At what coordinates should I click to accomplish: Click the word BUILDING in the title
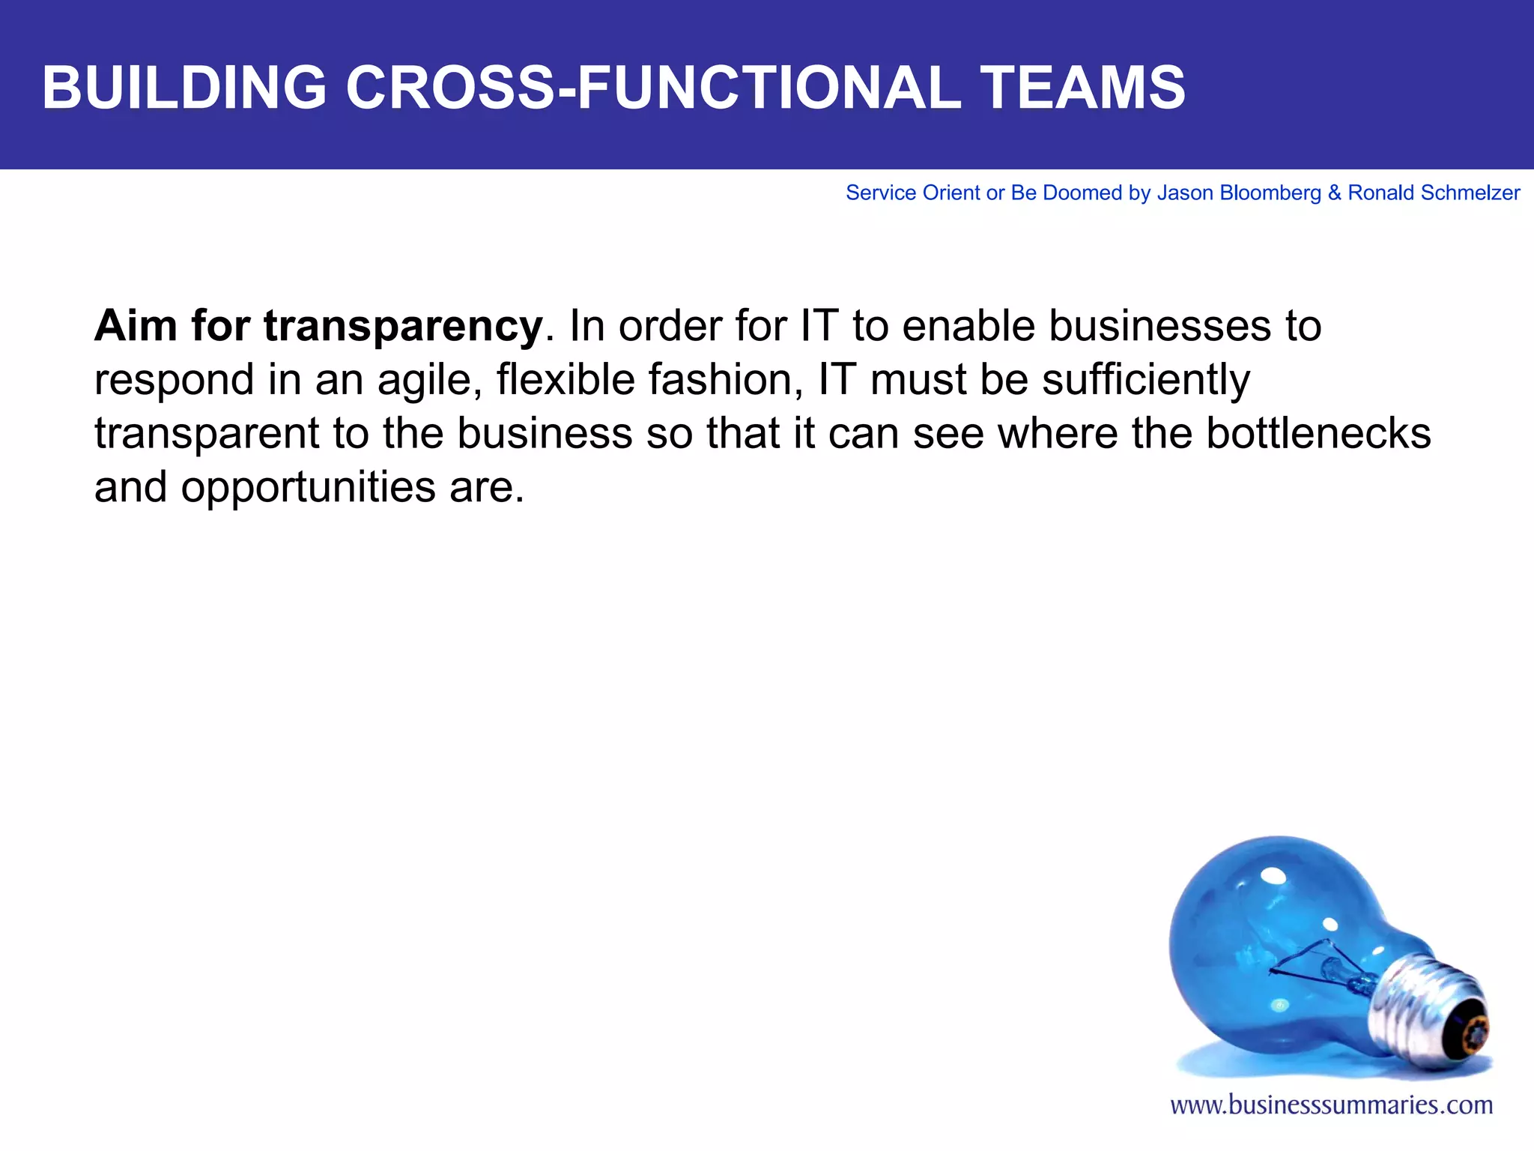coord(184,88)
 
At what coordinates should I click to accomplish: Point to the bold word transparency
coord(403,327)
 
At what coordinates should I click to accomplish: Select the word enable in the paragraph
coord(966,326)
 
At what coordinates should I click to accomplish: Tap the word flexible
coord(566,379)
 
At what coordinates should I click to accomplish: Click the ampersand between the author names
coord(1334,193)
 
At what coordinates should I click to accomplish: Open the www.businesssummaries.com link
coord(1331,1105)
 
